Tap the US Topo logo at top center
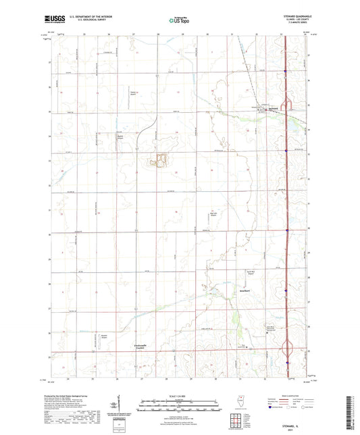coord(177,20)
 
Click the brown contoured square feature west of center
coord(161,160)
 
